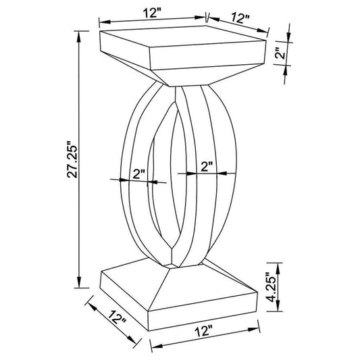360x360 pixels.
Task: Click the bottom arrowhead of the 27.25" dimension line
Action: click(x=79, y=284)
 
